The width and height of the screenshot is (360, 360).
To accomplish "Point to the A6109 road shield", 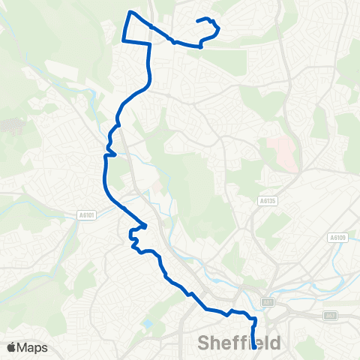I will (337, 237).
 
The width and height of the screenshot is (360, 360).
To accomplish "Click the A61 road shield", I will (266, 301).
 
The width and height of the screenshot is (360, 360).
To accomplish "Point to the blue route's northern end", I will (199, 21).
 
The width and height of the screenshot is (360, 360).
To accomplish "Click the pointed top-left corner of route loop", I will (130, 12).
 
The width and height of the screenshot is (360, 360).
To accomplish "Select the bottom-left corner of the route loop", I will (123, 40).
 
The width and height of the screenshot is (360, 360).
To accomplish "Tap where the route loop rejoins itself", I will (151, 27).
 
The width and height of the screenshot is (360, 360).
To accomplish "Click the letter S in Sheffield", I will (204, 344).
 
